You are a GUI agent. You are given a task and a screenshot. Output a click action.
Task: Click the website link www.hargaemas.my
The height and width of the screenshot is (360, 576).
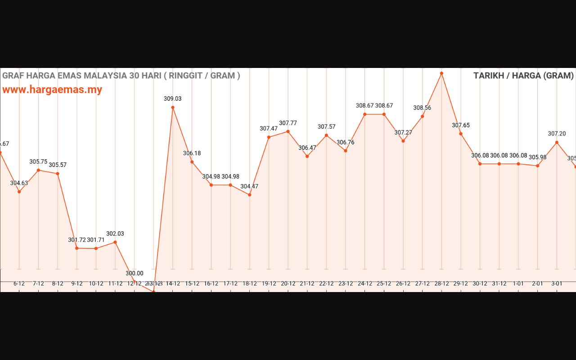pos(52,90)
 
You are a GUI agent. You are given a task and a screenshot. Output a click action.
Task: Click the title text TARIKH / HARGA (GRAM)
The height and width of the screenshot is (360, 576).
pos(523,76)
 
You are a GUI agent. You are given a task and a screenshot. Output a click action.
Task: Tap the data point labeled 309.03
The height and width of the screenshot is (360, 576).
pos(173,107)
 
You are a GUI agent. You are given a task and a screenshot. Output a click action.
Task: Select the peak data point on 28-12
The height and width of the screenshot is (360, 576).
pos(441,73)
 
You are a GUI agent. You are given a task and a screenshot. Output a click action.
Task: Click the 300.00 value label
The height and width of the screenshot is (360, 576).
pos(134,273)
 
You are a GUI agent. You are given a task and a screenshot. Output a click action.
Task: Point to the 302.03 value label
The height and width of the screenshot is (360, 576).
pos(115,234)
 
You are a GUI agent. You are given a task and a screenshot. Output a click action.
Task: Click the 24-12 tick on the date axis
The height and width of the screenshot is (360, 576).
pos(365,283)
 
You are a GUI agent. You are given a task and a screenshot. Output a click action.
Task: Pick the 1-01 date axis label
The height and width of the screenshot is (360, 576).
pos(518,283)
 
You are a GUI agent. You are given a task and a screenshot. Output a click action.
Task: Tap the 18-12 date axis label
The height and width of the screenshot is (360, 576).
pos(250,283)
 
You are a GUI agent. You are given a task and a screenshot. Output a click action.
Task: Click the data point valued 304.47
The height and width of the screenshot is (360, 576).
pos(250,195)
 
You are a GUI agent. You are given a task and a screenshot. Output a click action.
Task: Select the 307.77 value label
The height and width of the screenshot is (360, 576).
pos(288,123)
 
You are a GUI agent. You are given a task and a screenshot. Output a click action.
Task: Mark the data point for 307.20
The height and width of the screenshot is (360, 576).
pos(557,142)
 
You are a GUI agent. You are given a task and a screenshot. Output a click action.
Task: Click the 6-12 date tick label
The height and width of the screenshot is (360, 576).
pos(19,283)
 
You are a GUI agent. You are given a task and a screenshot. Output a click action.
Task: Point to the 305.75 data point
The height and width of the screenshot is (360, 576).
pos(38,170)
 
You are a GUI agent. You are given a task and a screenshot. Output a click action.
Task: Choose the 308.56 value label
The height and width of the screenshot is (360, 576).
pos(422,108)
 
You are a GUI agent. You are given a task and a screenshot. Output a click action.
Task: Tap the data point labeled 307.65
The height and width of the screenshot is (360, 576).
pos(461,134)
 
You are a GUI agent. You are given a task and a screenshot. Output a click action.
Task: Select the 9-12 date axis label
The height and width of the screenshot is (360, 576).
pos(77,283)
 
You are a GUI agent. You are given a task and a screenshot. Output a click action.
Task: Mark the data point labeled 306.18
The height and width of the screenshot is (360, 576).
pos(192,162)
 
